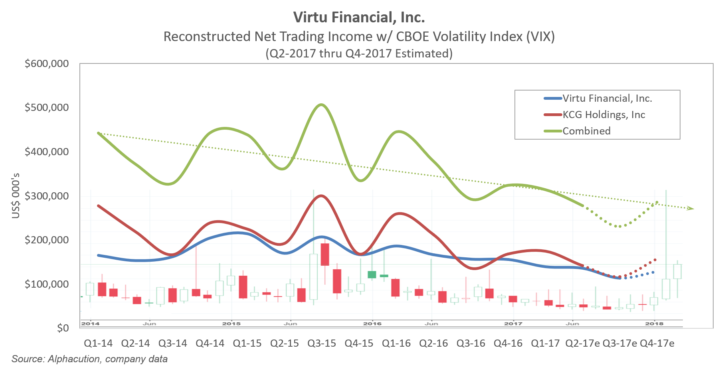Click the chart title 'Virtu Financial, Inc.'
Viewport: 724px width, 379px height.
tap(359, 18)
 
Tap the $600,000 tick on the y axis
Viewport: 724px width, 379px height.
tap(47, 64)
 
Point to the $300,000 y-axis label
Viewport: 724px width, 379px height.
tap(47, 196)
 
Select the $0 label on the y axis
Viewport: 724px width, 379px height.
tap(63, 328)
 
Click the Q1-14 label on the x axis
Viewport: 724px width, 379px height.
tap(98, 343)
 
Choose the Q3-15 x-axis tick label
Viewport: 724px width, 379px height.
tap(322, 343)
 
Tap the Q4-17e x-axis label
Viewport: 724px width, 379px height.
tap(657, 343)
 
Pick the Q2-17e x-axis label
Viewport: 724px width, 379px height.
tap(582, 343)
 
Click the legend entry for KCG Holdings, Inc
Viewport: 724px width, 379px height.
tap(603, 115)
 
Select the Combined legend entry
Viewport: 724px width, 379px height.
tap(586, 131)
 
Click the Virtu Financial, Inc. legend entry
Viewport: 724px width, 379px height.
tap(607, 99)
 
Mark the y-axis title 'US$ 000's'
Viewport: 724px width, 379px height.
tap(16, 196)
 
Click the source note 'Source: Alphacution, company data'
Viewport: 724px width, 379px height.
tap(89, 359)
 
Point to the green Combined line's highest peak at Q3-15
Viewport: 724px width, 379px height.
tap(322, 105)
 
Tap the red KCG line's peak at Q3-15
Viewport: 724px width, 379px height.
tap(322, 195)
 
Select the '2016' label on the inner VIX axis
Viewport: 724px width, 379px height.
tap(372, 324)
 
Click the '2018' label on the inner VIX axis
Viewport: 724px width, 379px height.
tap(654, 324)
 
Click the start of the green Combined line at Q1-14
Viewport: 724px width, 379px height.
tap(99, 133)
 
